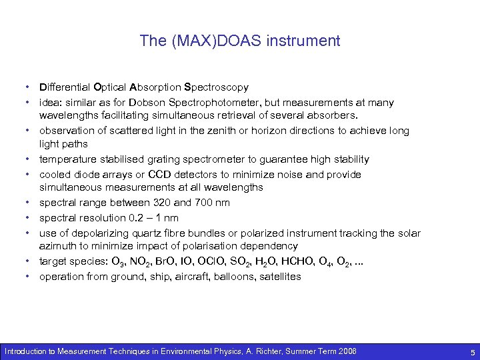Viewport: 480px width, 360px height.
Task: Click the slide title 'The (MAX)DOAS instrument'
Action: pos(240,41)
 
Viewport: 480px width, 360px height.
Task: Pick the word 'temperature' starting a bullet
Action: pos(67,159)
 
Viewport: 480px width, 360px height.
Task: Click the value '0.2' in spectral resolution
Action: pos(132,218)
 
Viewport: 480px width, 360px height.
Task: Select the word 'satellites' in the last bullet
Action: pos(280,277)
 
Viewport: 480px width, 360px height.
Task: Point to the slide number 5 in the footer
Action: pos(471,351)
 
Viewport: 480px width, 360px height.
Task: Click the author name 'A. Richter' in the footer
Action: pos(265,351)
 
